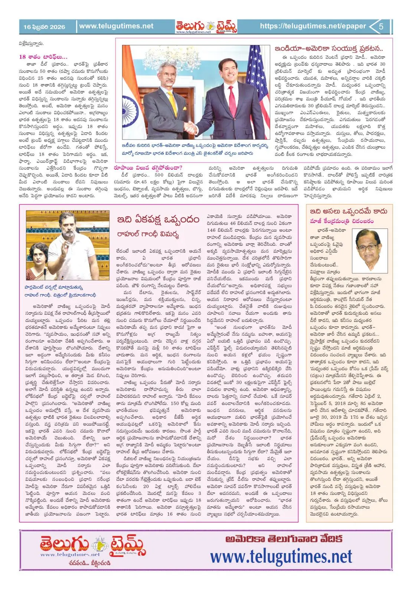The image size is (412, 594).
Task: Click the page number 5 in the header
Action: pyautogui.click(x=381, y=27)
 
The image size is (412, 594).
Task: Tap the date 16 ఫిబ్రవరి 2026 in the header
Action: pyautogui.click(x=44, y=27)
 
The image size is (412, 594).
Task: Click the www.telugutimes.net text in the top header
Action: pyautogui.click(x=116, y=26)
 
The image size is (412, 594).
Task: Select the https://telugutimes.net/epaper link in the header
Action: pyautogui.click(x=313, y=26)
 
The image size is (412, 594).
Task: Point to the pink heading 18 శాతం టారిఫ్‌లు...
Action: pyautogui.click(x=43, y=57)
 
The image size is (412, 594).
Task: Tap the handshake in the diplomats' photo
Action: pyautogui.click(x=192, y=128)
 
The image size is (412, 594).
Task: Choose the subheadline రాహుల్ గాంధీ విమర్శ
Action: pyautogui.click(x=148, y=234)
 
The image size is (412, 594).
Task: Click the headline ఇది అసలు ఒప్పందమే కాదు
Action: pyautogui.click(x=349, y=211)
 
